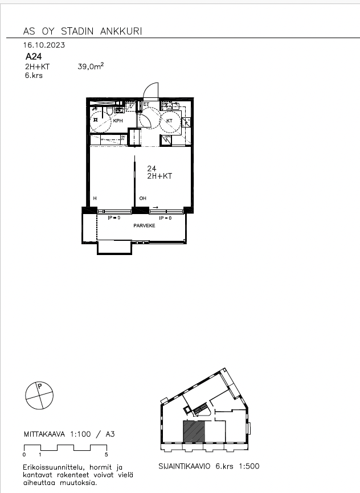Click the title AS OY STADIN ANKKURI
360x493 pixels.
pyautogui.click(x=82, y=31)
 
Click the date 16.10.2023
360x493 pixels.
pyautogui.click(x=44, y=45)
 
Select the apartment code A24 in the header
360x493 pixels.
pyautogui.click(x=34, y=56)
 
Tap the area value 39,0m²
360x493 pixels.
pyautogui.click(x=91, y=67)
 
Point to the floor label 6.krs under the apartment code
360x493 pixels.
pyautogui.click(x=34, y=76)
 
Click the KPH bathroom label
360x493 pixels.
pyautogui.click(x=118, y=121)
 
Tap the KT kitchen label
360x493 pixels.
pyautogui.click(x=169, y=121)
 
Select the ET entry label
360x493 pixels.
pyautogui.click(x=146, y=104)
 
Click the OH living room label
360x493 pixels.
pyautogui.click(x=143, y=198)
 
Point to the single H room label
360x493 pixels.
pyautogui.click(x=95, y=198)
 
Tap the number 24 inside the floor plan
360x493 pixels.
pyautogui.click(x=152, y=169)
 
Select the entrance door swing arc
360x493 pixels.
pyautogui.click(x=150, y=91)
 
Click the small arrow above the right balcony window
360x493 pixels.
pyautogui.click(x=156, y=208)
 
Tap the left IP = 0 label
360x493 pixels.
pyautogui.click(x=114, y=218)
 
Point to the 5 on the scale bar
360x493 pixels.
pyautogui.click(x=107, y=455)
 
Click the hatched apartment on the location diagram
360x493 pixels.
pyautogui.click(x=193, y=431)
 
